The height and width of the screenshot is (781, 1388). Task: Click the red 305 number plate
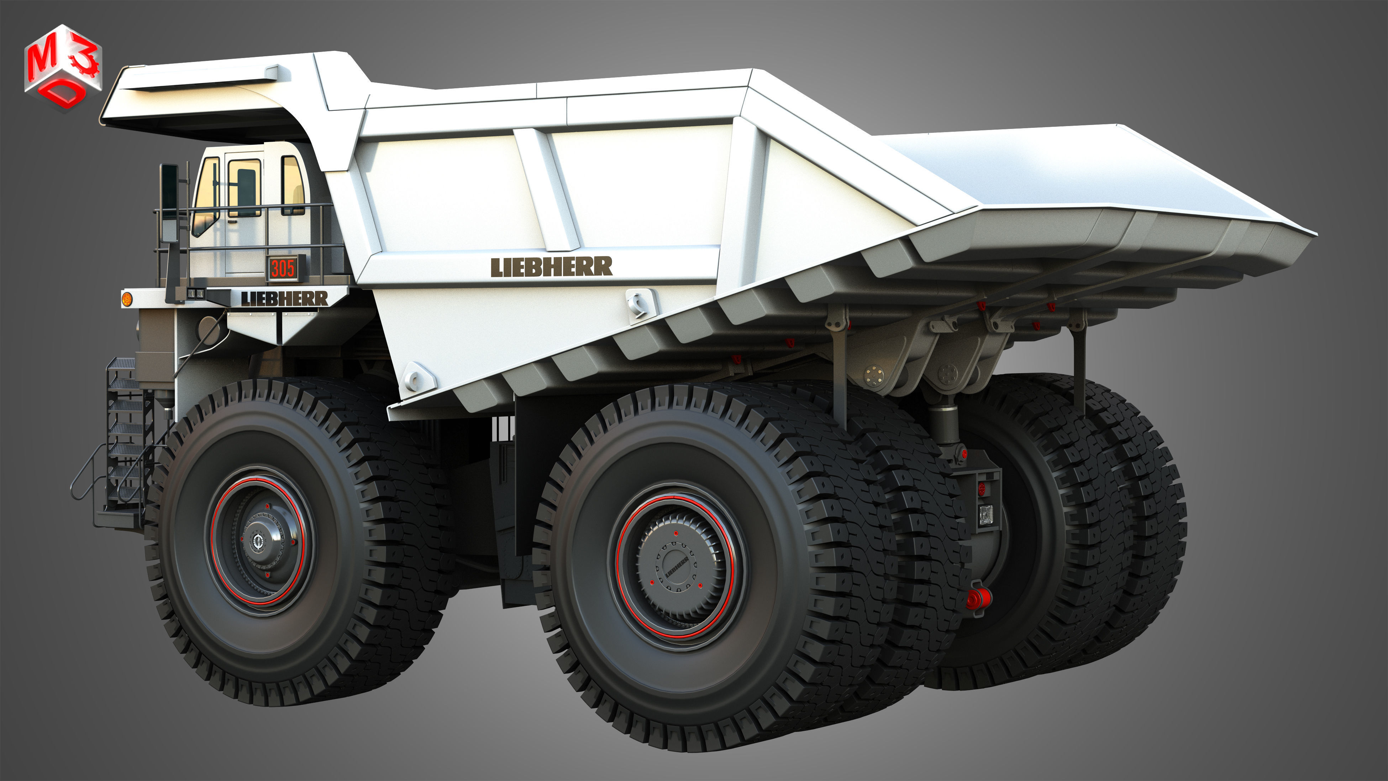click(x=282, y=268)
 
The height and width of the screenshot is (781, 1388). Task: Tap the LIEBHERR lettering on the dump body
click(x=551, y=267)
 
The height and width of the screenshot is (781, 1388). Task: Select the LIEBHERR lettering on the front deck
click(x=284, y=298)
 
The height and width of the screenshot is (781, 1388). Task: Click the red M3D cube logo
click(x=63, y=67)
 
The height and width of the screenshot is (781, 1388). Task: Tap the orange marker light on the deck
click(x=127, y=298)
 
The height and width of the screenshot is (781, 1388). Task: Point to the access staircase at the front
click(x=125, y=431)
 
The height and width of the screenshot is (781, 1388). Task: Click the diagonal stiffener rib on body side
click(x=547, y=189)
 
